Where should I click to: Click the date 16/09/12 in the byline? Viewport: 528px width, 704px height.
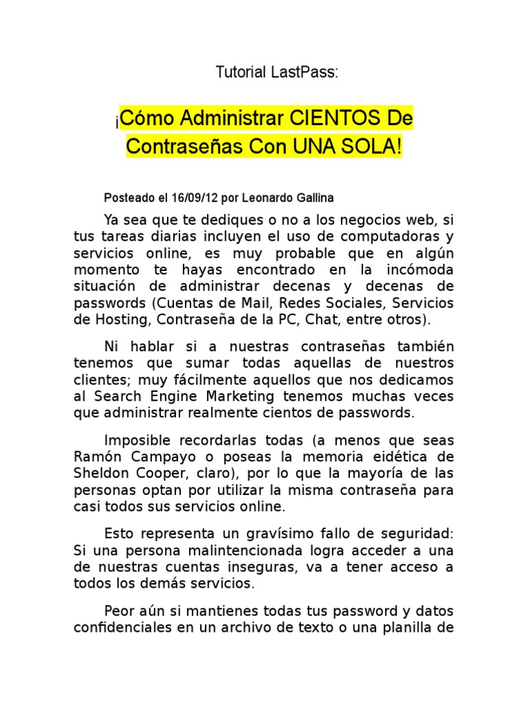point(196,198)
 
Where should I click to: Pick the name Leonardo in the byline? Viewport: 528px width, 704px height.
point(267,198)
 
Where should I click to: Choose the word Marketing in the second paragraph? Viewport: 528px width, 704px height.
point(241,396)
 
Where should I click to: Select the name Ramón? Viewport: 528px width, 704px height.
point(95,456)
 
